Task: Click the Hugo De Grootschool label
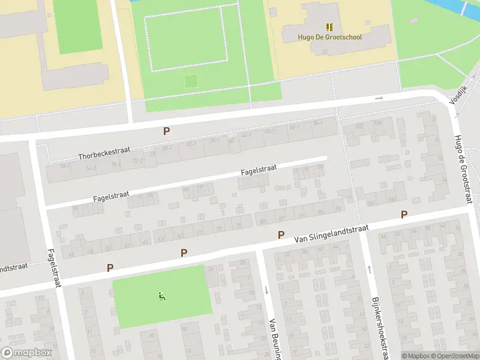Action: pyautogui.click(x=329, y=37)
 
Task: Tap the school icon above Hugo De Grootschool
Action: pyautogui.click(x=329, y=26)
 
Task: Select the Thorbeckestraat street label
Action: pyautogui.click(x=104, y=152)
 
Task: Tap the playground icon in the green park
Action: pyautogui.click(x=161, y=296)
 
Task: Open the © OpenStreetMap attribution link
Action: pyautogui.click(x=454, y=356)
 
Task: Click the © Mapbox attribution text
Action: pyautogui.click(x=415, y=356)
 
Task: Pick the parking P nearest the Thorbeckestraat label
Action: pyautogui.click(x=166, y=131)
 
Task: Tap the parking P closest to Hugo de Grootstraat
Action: pyautogui.click(x=404, y=214)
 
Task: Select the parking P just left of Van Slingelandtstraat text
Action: pyautogui.click(x=280, y=235)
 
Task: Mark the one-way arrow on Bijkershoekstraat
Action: pyautogui.click(x=368, y=269)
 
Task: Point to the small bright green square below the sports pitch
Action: pyautogui.click(x=191, y=80)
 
